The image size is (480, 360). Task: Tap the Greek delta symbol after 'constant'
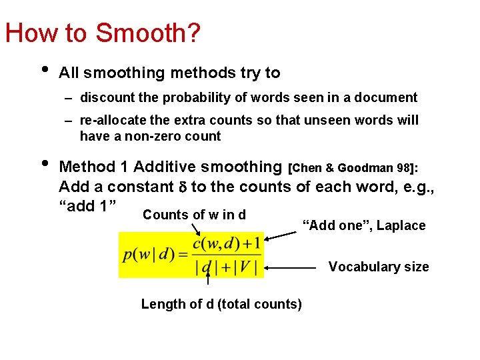pos(181,187)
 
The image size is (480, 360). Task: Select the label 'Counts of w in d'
pos(194,215)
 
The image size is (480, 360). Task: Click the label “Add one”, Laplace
pos(364,226)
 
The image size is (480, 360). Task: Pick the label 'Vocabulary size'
pos(379,267)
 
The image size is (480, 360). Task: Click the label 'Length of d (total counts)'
pos(221,305)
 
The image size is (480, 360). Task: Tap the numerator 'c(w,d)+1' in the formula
pos(227,244)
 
